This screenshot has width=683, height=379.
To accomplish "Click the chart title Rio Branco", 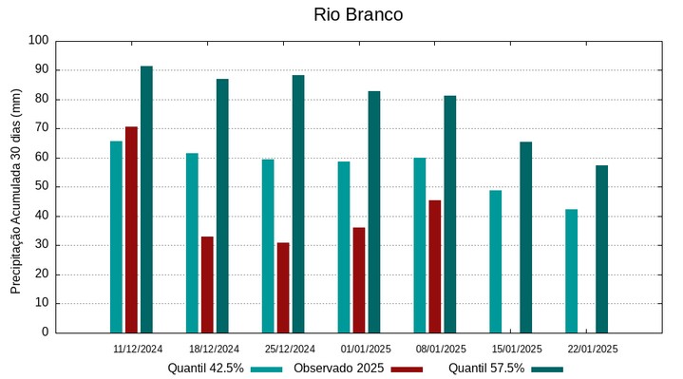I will pyautogui.click(x=357, y=15).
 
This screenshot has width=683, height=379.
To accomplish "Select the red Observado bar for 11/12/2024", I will pyautogui.click(x=131, y=229).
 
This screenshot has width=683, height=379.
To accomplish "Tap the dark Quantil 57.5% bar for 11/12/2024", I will pyautogui.click(x=146, y=199).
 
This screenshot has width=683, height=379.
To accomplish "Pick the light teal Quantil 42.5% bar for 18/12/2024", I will pyautogui.click(x=192, y=242).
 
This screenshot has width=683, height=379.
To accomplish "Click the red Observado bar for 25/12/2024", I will pyautogui.click(x=283, y=287).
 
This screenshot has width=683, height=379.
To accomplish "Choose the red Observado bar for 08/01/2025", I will pyautogui.click(x=435, y=266).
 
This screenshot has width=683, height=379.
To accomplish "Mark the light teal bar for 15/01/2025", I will pyautogui.click(x=496, y=261).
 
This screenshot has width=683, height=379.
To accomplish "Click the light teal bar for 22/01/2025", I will pyautogui.click(x=571, y=271).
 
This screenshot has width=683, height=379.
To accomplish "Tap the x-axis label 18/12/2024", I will pyautogui.click(x=214, y=349).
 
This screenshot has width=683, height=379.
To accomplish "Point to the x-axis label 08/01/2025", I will pyautogui.click(x=441, y=349).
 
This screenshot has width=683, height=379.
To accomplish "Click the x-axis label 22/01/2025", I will pyautogui.click(x=593, y=349).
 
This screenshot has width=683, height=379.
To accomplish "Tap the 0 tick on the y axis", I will pyautogui.click(x=45, y=332).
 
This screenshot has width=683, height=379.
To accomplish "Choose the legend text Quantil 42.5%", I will pyautogui.click(x=205, y=369).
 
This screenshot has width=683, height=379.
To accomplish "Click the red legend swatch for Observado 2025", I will pyautogui.click(x=407, y=370).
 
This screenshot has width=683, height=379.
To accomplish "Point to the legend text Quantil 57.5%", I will pyautogui.click(x=486, y=369).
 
